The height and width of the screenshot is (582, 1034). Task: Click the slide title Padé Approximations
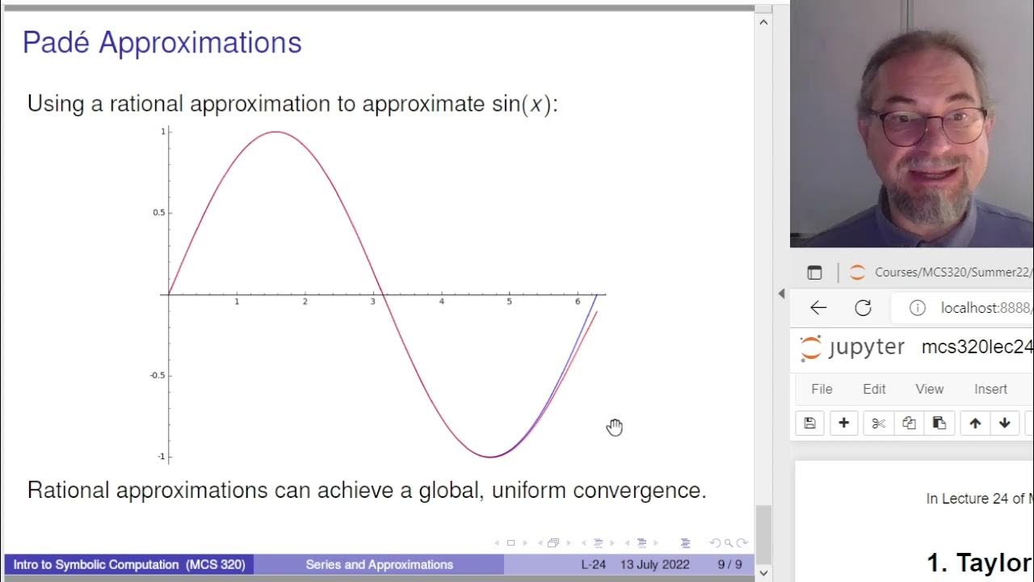(x=162, y=43)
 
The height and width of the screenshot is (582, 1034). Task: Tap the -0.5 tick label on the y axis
(x=156, y=375)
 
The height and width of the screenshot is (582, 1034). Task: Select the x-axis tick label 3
(x=373, y=302)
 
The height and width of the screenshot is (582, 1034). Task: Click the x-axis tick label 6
(x=578, y=302)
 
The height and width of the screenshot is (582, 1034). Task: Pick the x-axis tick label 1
(x=237, y=302)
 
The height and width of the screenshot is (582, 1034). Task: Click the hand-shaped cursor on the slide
(x=615, y=427)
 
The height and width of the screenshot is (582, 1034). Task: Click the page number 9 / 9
(x=729, y=564)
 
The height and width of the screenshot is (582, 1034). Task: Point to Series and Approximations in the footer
(x=379, y=564)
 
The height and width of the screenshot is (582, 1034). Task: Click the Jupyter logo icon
(x=810, y=348)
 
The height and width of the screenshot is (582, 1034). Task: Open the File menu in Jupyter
(x=822, y=389)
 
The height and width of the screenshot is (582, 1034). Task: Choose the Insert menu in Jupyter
(x=990, y=389)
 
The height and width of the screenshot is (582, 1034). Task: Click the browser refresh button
(x=863, y=307)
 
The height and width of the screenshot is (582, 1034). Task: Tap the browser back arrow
(x=818, y=307)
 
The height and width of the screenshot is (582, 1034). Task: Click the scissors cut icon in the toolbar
(x=879, y=423)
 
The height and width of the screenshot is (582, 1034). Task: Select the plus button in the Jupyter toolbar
(x=843, y=423)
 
